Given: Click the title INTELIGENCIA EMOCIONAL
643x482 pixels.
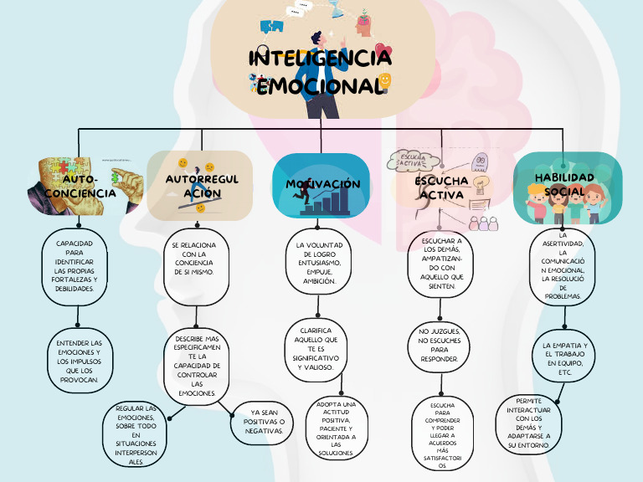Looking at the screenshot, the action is (x=321, y=72).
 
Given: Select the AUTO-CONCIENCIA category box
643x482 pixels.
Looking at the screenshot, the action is (x=79, y=186).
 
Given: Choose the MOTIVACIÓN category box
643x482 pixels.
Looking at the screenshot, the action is (x=321, y=186).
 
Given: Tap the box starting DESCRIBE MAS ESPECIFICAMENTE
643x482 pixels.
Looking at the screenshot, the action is (x=197, y=366).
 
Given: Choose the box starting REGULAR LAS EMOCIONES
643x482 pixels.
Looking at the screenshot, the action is (x=136, y=433).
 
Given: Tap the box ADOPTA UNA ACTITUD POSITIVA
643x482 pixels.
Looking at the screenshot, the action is (x=336, y=428).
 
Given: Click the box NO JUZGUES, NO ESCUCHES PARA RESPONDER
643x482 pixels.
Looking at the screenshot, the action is (x=438, y=345).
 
